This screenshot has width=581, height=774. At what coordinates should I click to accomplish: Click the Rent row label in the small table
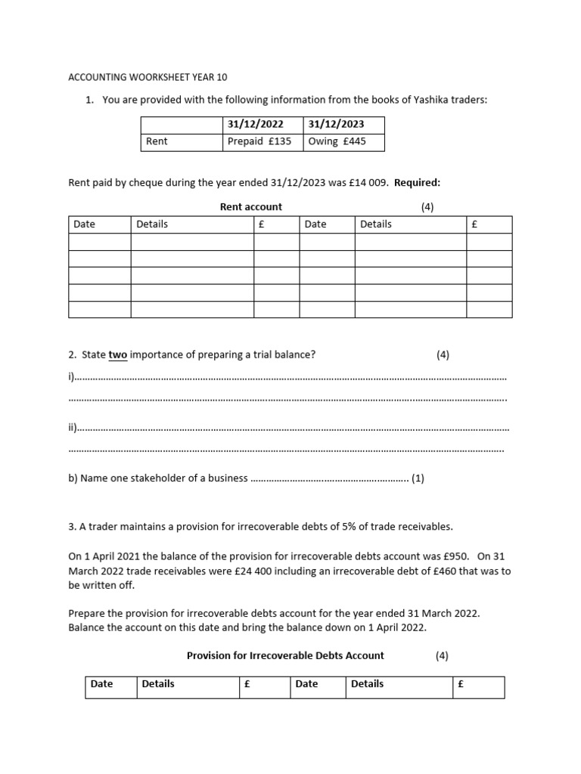(x=157, y=141)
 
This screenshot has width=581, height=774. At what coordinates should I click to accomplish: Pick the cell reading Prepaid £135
(x=259, y=141)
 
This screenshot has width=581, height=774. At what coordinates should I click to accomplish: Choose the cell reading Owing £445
(x=337, y=141)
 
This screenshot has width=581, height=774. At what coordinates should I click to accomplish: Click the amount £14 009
(x=361, y=182)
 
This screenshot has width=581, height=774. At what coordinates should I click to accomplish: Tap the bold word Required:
(x=417, y=182)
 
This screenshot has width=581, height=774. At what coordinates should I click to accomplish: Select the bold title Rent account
(x=250, y=206)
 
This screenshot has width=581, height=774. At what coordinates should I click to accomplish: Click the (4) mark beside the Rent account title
(x=427, y=206)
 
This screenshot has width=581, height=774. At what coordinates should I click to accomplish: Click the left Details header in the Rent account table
(x=152, y=224)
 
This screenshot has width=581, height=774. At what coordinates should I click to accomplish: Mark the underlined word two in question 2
(x=118, y=354)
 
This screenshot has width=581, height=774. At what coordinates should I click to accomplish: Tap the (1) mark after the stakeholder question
(x=418, y=478)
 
